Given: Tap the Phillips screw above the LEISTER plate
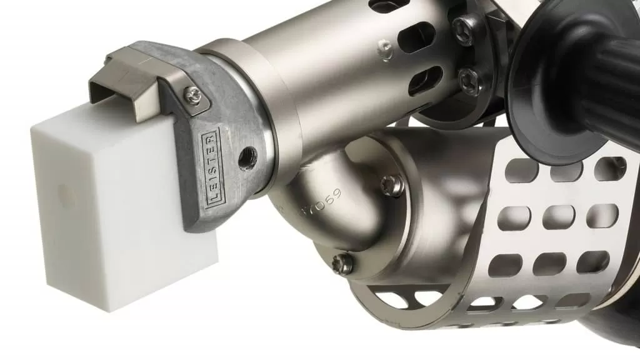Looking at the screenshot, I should [x=195, y=95].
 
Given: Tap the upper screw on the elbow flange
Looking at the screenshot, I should [x=392, y=185].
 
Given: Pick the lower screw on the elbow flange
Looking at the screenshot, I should [x=342, y=263].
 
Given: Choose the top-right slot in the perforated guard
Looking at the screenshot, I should [x=609, y=167].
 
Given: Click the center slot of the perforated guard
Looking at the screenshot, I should [x=558, y=217].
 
